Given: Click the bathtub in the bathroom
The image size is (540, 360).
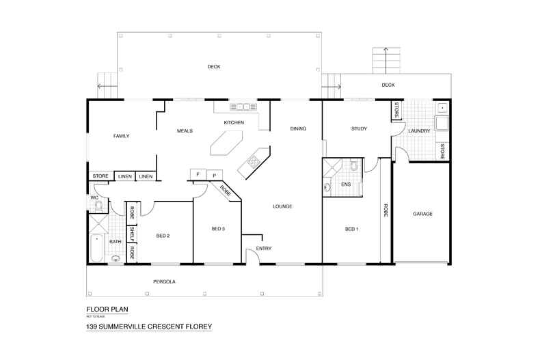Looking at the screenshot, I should pyautogui.click(x=97, y=249).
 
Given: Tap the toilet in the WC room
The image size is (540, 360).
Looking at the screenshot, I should pyautogui.click(x=98, y=204).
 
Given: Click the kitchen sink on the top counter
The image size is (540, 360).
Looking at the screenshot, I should pyautogui.click(x=243, y=107).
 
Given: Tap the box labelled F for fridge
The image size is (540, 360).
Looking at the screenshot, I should pyautogui.click(x=198, y=175).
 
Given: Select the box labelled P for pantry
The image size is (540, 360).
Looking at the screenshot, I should pyautogui.click(x=215, y=176).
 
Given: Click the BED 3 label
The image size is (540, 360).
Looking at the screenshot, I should pyautogui.click(x=217, y=228).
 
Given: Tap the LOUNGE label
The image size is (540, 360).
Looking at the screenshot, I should pyautogui.click(x=282, y=206).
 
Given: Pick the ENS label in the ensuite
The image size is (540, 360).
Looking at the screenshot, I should pyautogui.click(x=347, y=184).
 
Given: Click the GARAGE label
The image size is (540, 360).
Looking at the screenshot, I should pyautogui.click(x=422, y=214).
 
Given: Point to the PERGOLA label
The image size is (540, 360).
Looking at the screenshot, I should pyautogui.click(x=166, y=281).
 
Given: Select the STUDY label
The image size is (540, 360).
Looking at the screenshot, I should pyautogui.click(x=360, y=128).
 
